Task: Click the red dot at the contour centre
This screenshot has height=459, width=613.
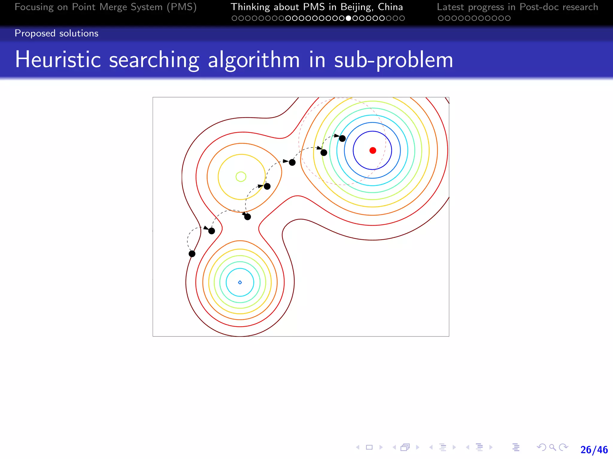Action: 373,150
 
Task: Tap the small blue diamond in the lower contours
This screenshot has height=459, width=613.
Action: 240,282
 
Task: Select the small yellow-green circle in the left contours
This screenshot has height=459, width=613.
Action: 241,177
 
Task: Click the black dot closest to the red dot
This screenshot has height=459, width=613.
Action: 342,138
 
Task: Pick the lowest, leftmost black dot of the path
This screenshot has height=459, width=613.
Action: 192,254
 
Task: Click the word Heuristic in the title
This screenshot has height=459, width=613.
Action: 58,60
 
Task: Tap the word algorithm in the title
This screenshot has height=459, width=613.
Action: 254,60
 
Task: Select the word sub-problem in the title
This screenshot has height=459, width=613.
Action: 393,60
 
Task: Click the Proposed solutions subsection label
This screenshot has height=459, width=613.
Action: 57,33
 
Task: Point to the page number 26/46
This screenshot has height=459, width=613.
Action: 594,449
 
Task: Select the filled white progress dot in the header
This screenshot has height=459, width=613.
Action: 348,18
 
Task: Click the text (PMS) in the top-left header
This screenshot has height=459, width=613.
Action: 182,7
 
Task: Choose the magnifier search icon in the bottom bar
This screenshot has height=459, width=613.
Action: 553,447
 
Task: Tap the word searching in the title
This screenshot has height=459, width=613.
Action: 154,60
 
